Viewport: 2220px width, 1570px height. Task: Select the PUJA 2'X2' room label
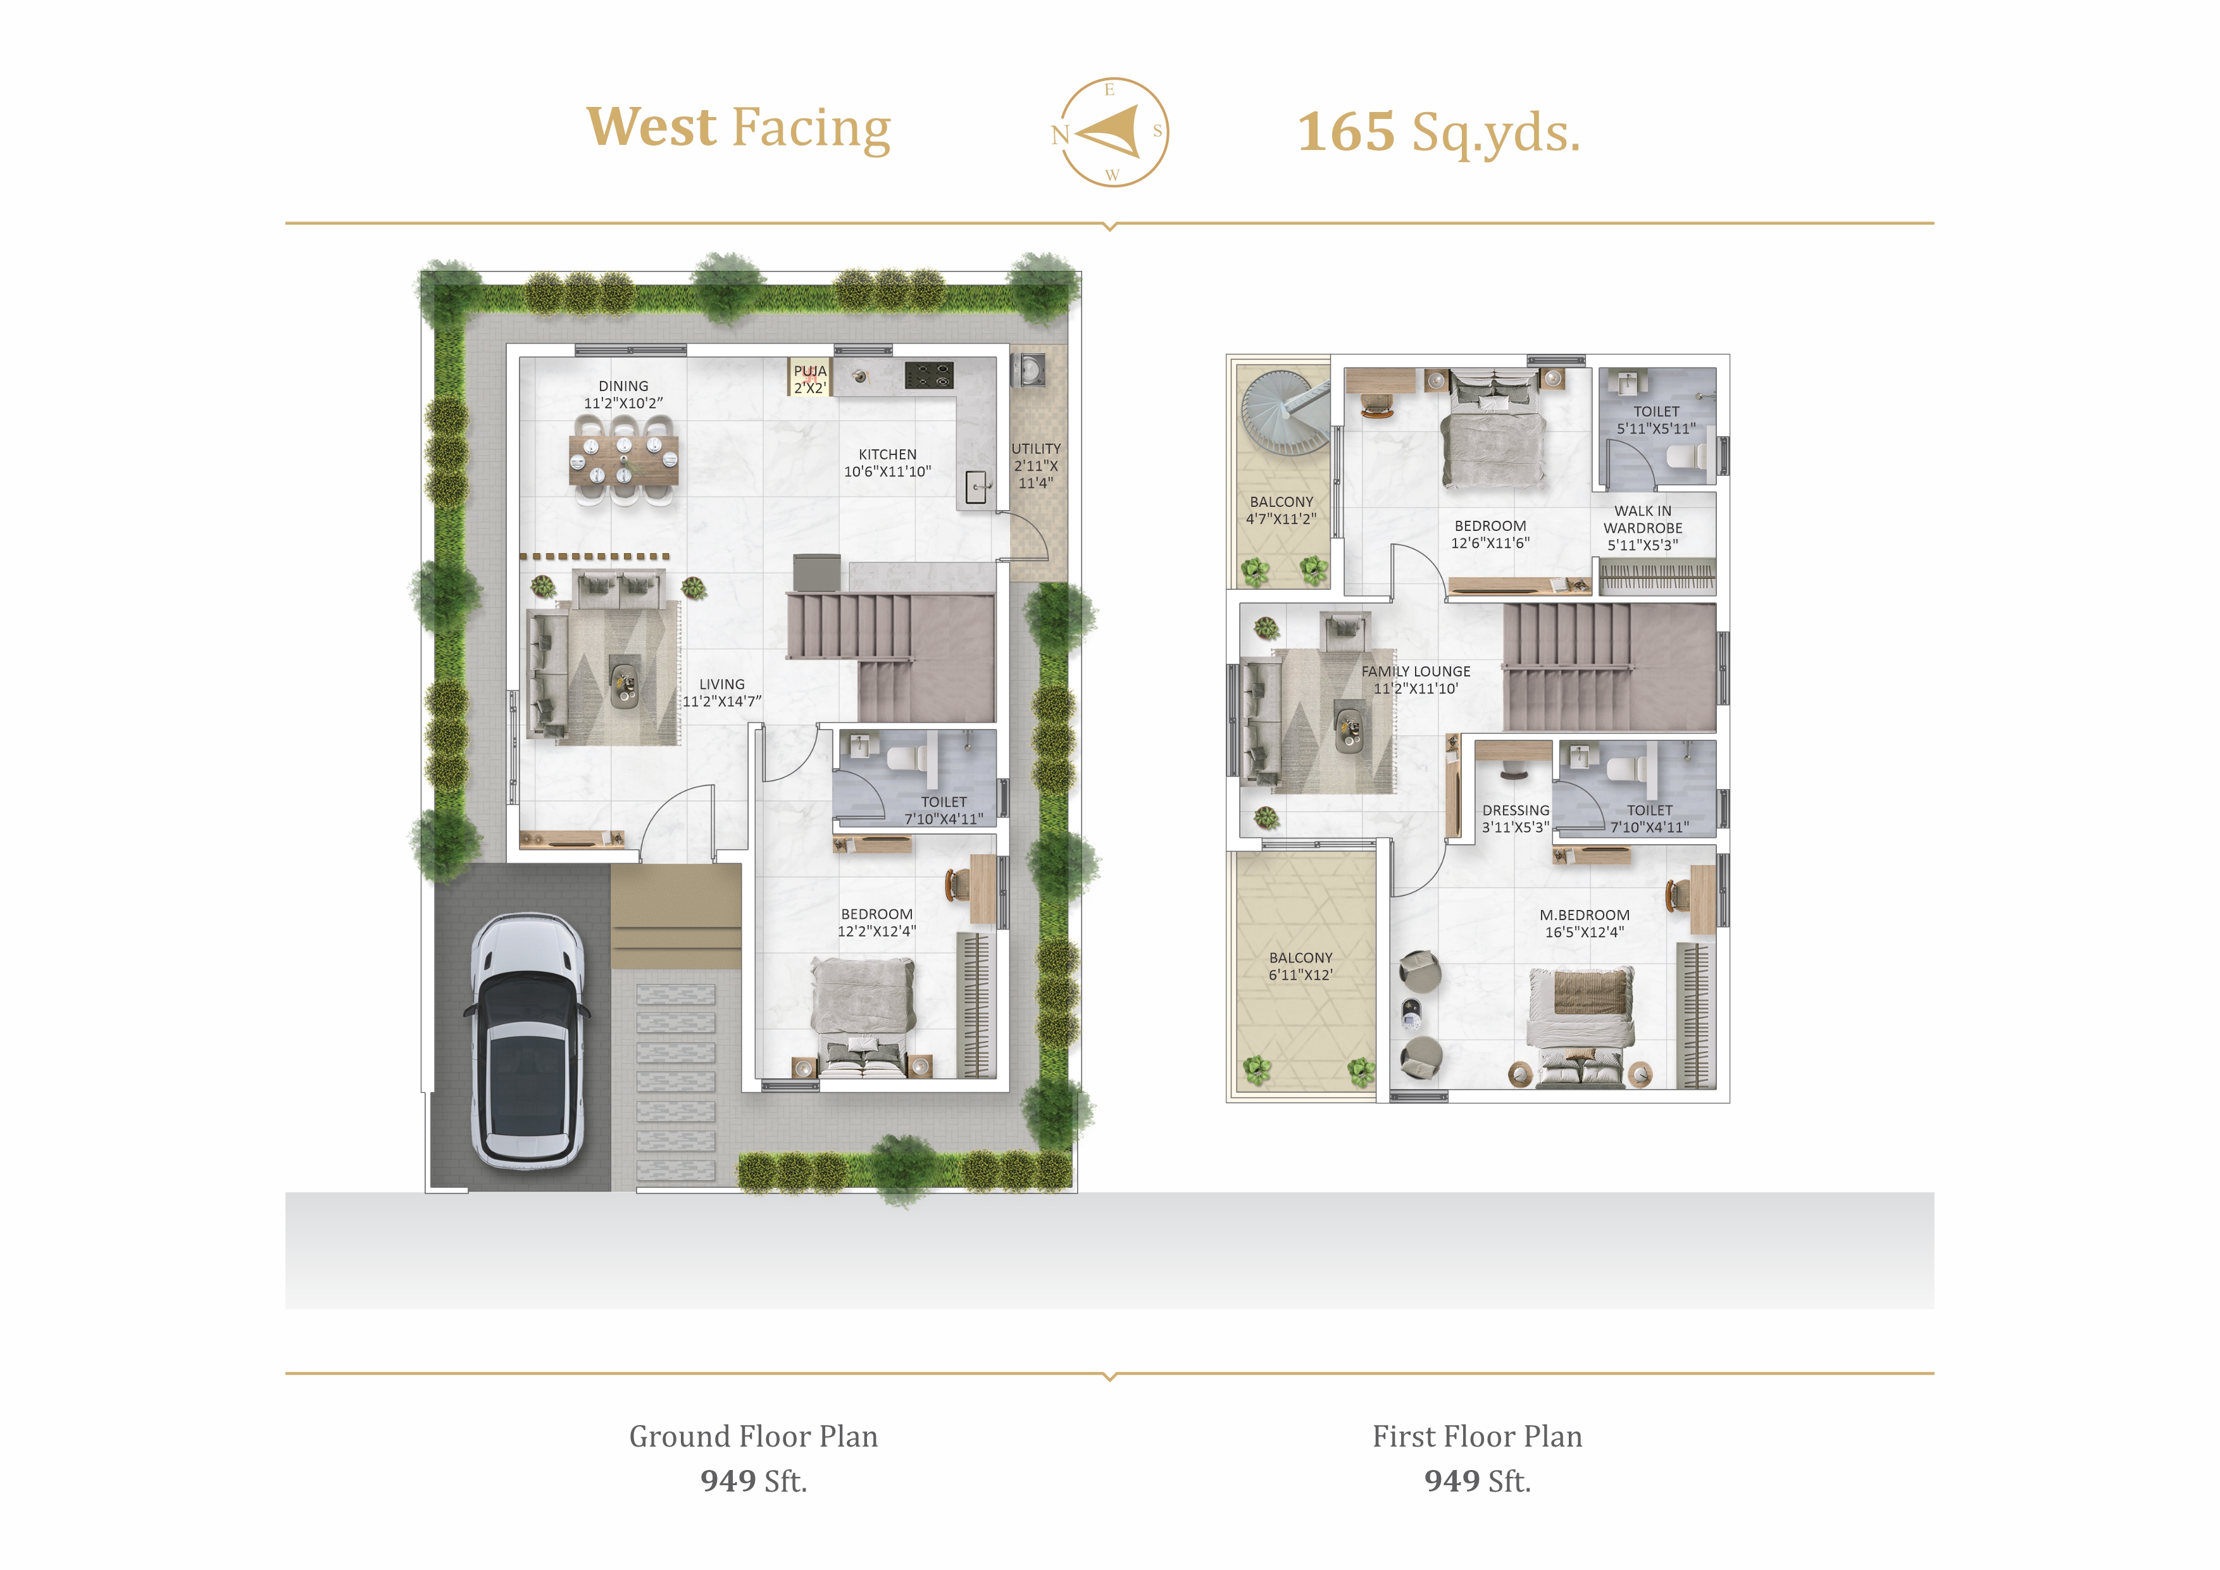pyautogui.click(x=810, y=379)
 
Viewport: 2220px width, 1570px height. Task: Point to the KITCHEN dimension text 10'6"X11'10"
pyautogui.click(x=888, y=472)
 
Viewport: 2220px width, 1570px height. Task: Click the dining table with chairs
pyautogui.click(x=623, y=459)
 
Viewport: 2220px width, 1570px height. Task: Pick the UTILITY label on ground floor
pyautogui.click(x=1035, y=449)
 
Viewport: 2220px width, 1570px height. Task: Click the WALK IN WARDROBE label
pyautogui.click(x=1643, y=519)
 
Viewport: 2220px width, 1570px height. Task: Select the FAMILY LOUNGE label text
pyautogui.click(x=1416, y=671)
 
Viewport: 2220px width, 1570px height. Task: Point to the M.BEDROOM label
pyautogui.click(x=1585, y=914)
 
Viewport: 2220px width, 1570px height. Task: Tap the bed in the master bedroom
pyautogui.click(x=1580, y=1026)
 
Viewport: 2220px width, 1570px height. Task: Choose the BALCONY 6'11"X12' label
pyautogui.click(x=1300, y=966)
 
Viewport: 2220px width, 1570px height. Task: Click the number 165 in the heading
pyautogui.click(x=1346, y=132)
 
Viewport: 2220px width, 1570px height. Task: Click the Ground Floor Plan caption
pyautogui.click(x=753, y=1436)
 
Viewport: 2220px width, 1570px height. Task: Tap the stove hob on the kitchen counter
pyautogui.click(x=929, y=375)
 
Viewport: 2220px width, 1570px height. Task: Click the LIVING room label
pyautogui.click(x=722, y=683)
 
